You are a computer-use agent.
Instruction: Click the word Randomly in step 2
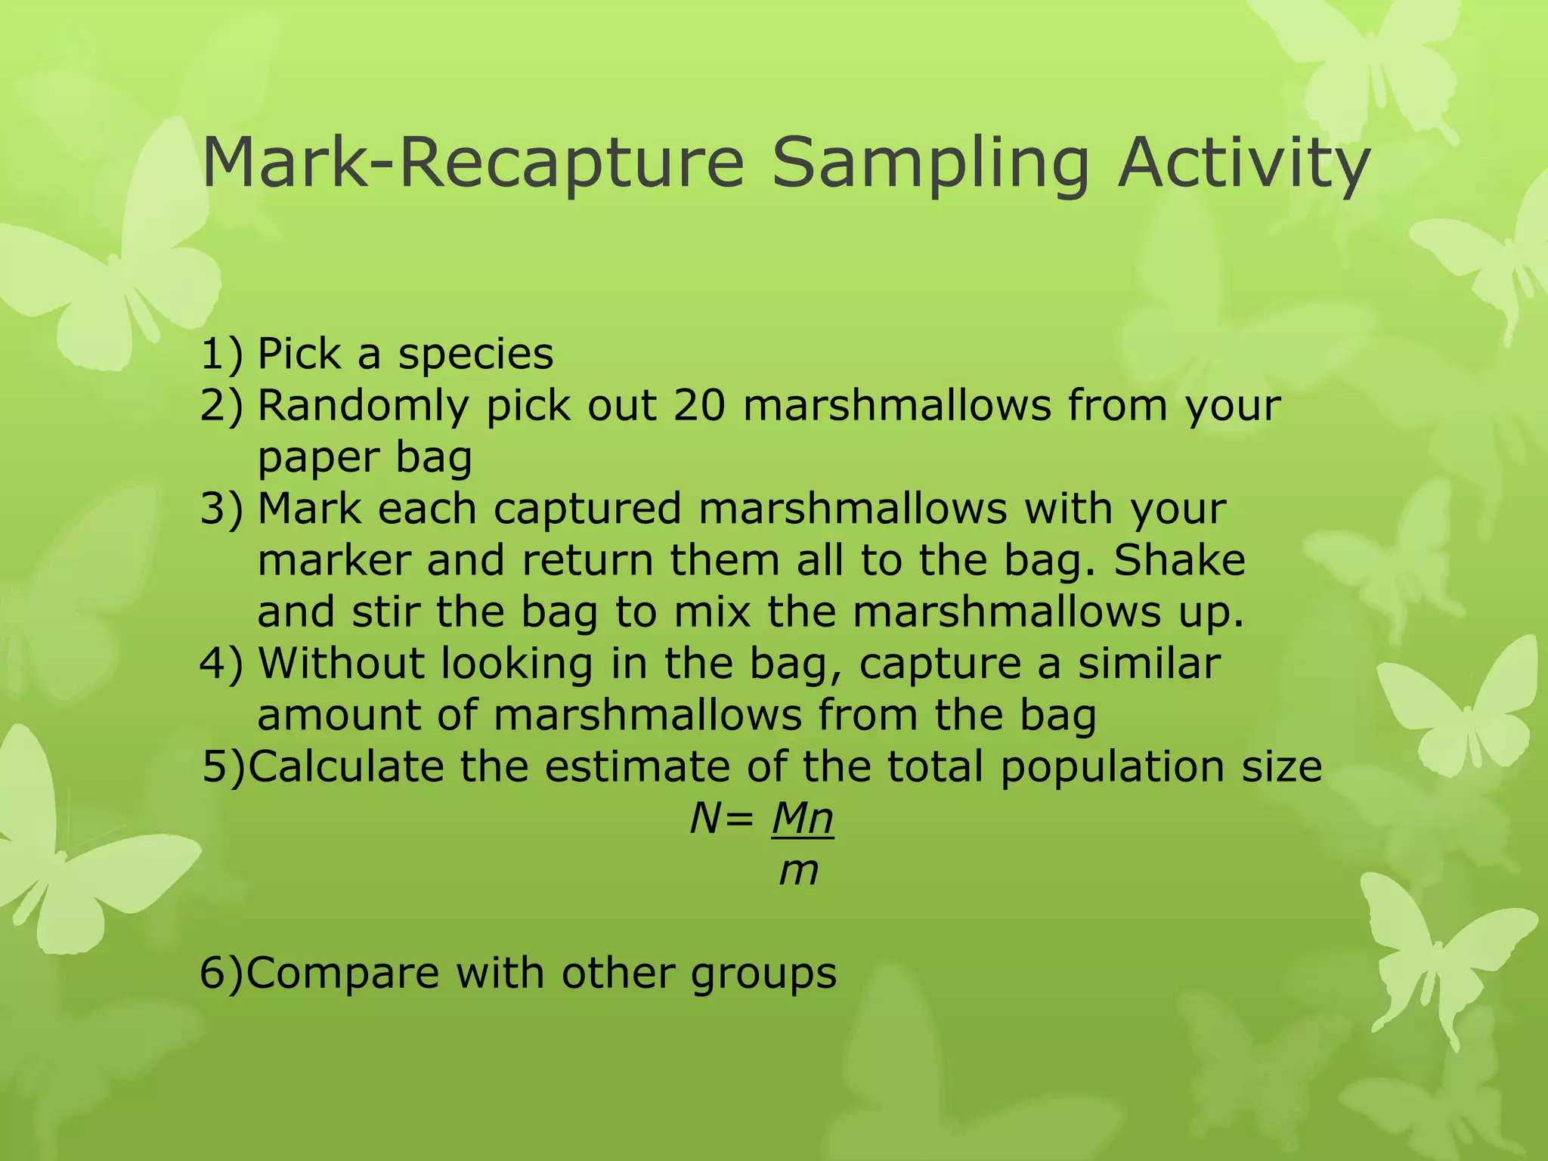[364, 407]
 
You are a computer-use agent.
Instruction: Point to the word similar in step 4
[1149, 663]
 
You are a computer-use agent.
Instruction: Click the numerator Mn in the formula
[802, 819]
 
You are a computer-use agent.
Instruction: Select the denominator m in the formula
[799, 871]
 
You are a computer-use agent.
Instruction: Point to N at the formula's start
[704, 819]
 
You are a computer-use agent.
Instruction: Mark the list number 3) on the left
[221, 509]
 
